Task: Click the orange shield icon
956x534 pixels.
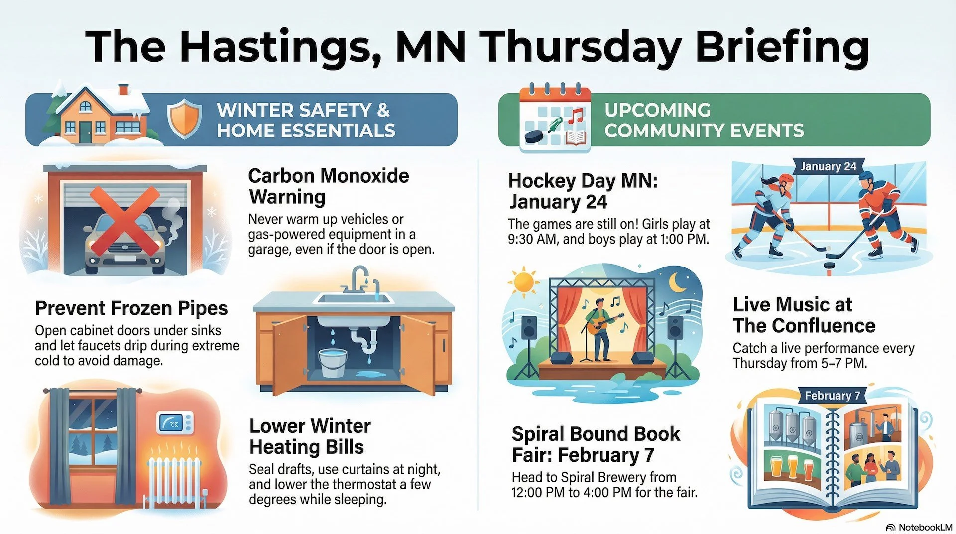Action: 184,119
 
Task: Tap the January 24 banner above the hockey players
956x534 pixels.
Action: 828,167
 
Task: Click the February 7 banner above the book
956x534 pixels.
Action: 832,396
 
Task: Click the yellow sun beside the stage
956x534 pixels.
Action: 523,282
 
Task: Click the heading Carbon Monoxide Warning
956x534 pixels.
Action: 328,186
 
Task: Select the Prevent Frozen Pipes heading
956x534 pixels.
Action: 131,308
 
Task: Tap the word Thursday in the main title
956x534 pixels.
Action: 583,46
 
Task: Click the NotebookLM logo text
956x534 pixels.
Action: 925,527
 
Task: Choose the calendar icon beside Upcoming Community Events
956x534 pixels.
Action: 555,120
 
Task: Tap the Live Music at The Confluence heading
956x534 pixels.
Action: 804,315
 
